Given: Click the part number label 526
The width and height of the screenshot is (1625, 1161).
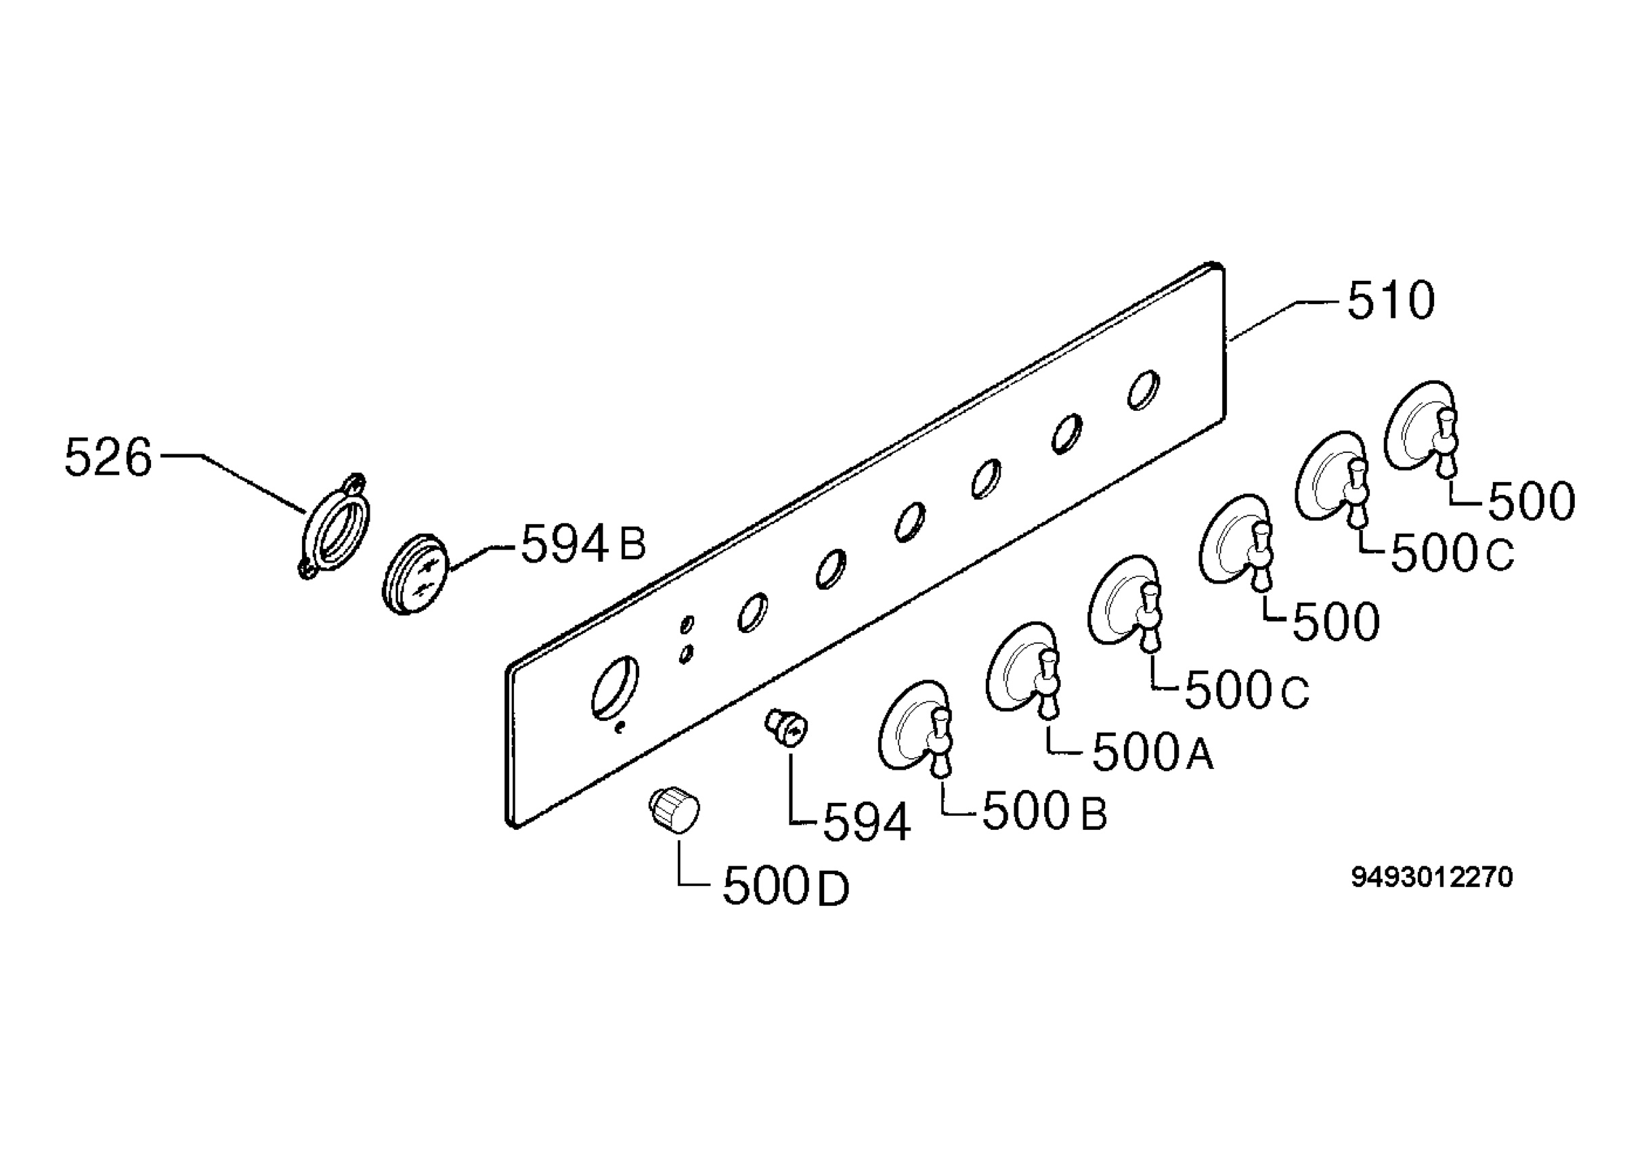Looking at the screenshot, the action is click(108, 458).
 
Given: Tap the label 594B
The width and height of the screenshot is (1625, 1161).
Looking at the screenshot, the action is click(583, 544).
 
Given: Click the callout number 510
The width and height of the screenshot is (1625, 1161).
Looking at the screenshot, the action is click(1391, 301).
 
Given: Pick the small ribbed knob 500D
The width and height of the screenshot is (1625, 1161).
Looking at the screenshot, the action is click(674, 809).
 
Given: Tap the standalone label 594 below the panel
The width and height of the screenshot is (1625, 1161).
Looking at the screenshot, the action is click(867, 822).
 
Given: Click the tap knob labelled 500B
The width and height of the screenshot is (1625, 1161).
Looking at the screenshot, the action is click(917, 728).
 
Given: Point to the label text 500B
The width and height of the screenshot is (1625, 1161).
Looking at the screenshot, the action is click(1045, 812).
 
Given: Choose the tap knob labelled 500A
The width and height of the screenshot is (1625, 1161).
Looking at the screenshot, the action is click(1023, 669).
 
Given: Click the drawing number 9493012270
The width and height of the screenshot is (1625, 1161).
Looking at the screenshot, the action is click(1431, 877).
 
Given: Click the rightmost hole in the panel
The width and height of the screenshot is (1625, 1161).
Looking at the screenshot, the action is click(1143, 391).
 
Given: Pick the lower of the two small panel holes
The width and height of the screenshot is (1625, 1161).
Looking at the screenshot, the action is click(687, 653).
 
